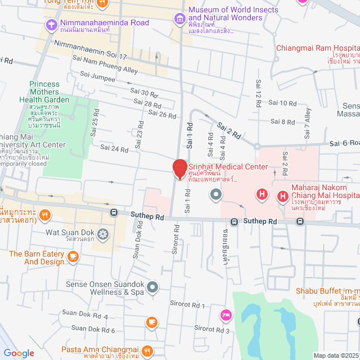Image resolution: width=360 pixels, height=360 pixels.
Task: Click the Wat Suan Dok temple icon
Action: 103,233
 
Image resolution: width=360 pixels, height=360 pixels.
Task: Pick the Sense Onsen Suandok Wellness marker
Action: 152,288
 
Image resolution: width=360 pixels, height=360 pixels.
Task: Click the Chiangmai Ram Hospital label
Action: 317,47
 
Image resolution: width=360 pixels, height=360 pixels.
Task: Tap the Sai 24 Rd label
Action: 114,148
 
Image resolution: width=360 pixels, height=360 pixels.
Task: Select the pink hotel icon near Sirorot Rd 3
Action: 226,315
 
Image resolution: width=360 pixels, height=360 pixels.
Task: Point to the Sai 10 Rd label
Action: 282,102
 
